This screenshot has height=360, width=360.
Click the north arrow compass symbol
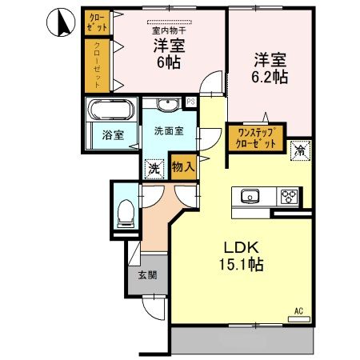[61, 22]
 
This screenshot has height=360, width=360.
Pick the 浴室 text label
[112, 135]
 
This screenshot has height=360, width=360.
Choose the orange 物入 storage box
[182, 166]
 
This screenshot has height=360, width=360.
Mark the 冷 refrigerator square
[299, 149]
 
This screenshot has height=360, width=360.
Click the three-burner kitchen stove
[287, 197]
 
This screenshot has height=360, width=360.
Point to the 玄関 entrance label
[146, 277]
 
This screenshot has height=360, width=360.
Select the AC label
[298, 310]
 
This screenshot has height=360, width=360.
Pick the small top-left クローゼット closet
[98, 22]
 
